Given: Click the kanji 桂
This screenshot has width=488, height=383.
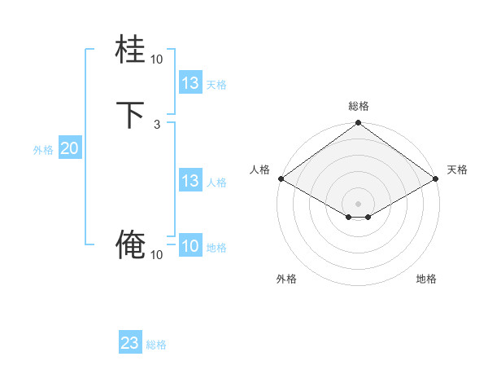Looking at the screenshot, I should click(130, 51).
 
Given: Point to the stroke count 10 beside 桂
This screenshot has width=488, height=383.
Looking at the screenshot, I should click(156, 59).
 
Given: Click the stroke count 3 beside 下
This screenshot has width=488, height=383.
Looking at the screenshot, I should click(156, 125).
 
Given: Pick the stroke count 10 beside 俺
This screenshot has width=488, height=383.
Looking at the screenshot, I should click(156, 255).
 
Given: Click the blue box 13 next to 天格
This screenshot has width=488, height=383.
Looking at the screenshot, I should click(190, 83).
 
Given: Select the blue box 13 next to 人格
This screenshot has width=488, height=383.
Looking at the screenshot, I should click(190, 181).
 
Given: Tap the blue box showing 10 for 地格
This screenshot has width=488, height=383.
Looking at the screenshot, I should click(190, 246).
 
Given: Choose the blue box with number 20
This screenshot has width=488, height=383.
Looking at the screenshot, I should click(69, 148).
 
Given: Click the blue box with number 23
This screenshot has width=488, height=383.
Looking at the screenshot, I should click(130, 343).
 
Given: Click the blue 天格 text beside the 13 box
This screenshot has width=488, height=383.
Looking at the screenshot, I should click(216, 85).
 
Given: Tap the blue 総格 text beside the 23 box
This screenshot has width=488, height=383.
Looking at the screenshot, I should click(156, 345).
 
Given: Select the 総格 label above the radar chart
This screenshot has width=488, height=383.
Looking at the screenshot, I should click(359, 106).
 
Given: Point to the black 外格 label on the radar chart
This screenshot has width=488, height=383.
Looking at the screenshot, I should click(286, 280).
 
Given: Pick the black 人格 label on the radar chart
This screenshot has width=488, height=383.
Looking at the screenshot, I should click(259, 169).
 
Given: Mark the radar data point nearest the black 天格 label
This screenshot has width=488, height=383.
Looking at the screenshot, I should click(436, 178).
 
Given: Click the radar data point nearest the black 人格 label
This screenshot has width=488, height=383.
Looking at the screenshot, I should click(280, 178).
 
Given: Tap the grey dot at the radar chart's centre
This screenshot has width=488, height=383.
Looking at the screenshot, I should click(358, 203).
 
